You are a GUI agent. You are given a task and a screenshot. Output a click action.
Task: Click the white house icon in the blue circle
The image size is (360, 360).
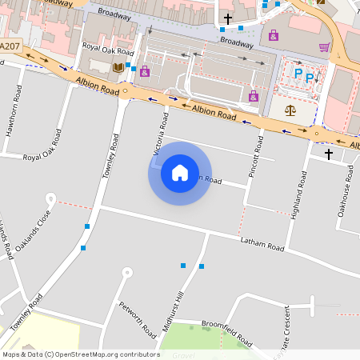click(179, 173)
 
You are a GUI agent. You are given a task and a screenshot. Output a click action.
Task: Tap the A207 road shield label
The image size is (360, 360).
click(10, 46)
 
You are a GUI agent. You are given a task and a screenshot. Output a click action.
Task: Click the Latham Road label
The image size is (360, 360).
click(262, 244)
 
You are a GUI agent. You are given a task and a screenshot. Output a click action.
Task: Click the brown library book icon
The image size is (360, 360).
click(118, 67)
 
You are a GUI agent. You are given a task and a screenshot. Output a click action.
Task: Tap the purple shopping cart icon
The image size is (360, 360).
click(324, 47)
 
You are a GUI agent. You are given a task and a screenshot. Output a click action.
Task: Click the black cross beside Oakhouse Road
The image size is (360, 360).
click(328, 152)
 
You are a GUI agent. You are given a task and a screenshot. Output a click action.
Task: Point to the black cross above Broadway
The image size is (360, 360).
click(228, 18)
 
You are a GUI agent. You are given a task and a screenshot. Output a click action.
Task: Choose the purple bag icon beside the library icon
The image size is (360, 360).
click(144, 71)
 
